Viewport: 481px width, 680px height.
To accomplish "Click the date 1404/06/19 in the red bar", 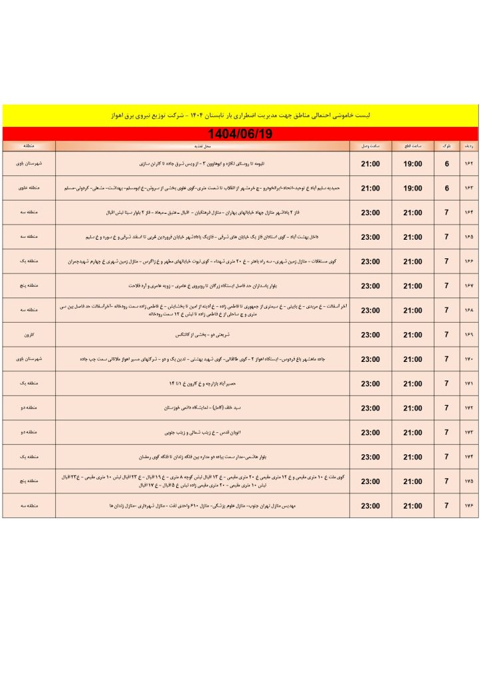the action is click(240, 133).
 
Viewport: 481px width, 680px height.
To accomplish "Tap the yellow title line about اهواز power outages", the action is click(240, 115).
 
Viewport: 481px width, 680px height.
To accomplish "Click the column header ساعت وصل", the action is click(371, 145).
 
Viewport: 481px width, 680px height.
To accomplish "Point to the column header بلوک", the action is click(446, 145).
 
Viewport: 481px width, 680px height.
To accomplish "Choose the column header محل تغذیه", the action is click(203, 145).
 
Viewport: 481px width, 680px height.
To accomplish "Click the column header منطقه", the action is click(29, 145).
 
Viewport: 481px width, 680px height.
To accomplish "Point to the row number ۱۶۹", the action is click(468, 335).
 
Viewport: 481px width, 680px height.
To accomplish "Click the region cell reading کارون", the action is click(29, 335).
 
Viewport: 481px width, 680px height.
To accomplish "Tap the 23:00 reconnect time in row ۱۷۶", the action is click(371, 506).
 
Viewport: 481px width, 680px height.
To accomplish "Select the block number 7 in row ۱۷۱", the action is click(446, 384).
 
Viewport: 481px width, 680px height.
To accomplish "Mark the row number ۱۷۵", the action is click(468, 481).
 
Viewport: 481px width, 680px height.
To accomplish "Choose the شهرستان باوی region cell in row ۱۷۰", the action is click(29, 359).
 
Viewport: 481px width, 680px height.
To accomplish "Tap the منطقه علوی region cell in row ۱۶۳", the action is click(29, 189).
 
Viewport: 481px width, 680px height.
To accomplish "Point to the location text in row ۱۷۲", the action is click(203, 408).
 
